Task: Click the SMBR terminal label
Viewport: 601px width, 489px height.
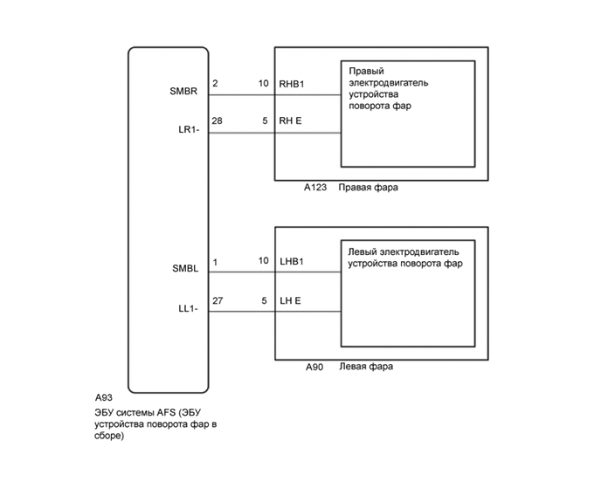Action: coord(185,91)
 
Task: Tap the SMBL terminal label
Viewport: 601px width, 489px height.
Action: coord(185,269)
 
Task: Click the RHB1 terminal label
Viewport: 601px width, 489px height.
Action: coord(293,84)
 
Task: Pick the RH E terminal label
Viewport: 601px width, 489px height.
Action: coord(291,122)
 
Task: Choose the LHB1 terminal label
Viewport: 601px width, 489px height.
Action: coord(293,261)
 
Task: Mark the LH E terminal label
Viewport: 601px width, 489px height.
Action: coord(290,301)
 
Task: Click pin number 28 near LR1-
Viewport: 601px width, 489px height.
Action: coord(218,122)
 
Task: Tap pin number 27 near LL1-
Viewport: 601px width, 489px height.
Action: coord(218,301)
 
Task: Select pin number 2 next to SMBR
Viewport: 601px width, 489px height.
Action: coord(215,84)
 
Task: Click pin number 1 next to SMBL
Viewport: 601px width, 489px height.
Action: coord(215,261)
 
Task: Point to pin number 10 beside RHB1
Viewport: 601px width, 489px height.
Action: coord(263,84)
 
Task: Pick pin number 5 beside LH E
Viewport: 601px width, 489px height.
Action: coord(264,301)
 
